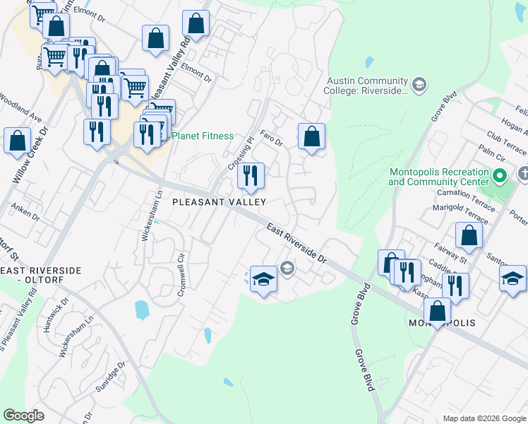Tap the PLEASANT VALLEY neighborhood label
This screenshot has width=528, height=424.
[x=220, y=202]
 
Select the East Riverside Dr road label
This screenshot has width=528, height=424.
[x=296, y=242]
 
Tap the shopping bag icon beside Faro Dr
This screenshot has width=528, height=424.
[x=311, y=137]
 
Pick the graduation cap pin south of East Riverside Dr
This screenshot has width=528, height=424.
[x=263, y=280]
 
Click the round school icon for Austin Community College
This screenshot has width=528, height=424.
[x=419, y=86]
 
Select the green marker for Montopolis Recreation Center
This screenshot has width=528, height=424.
[x=500, y=175]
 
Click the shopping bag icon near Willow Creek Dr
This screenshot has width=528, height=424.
[x=18, y=141]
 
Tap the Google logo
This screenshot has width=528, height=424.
[x=24, y=415]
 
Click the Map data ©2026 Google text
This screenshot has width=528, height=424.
[x=484, y=418]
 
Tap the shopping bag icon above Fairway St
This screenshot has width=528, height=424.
[x=467, y=237]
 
